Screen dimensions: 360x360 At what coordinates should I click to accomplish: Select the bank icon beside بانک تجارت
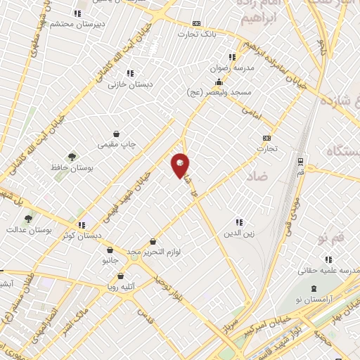tap(195, 23)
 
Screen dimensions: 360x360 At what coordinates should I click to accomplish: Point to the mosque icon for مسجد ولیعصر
tap(219, 82)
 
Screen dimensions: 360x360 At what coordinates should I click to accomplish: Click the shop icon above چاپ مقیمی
tap(116, 133)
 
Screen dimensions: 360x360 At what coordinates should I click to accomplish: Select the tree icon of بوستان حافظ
tap(70, 157)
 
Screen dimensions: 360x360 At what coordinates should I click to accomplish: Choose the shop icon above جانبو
tap(110, 250)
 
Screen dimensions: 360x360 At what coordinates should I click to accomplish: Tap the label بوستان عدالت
tap(25, 230)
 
